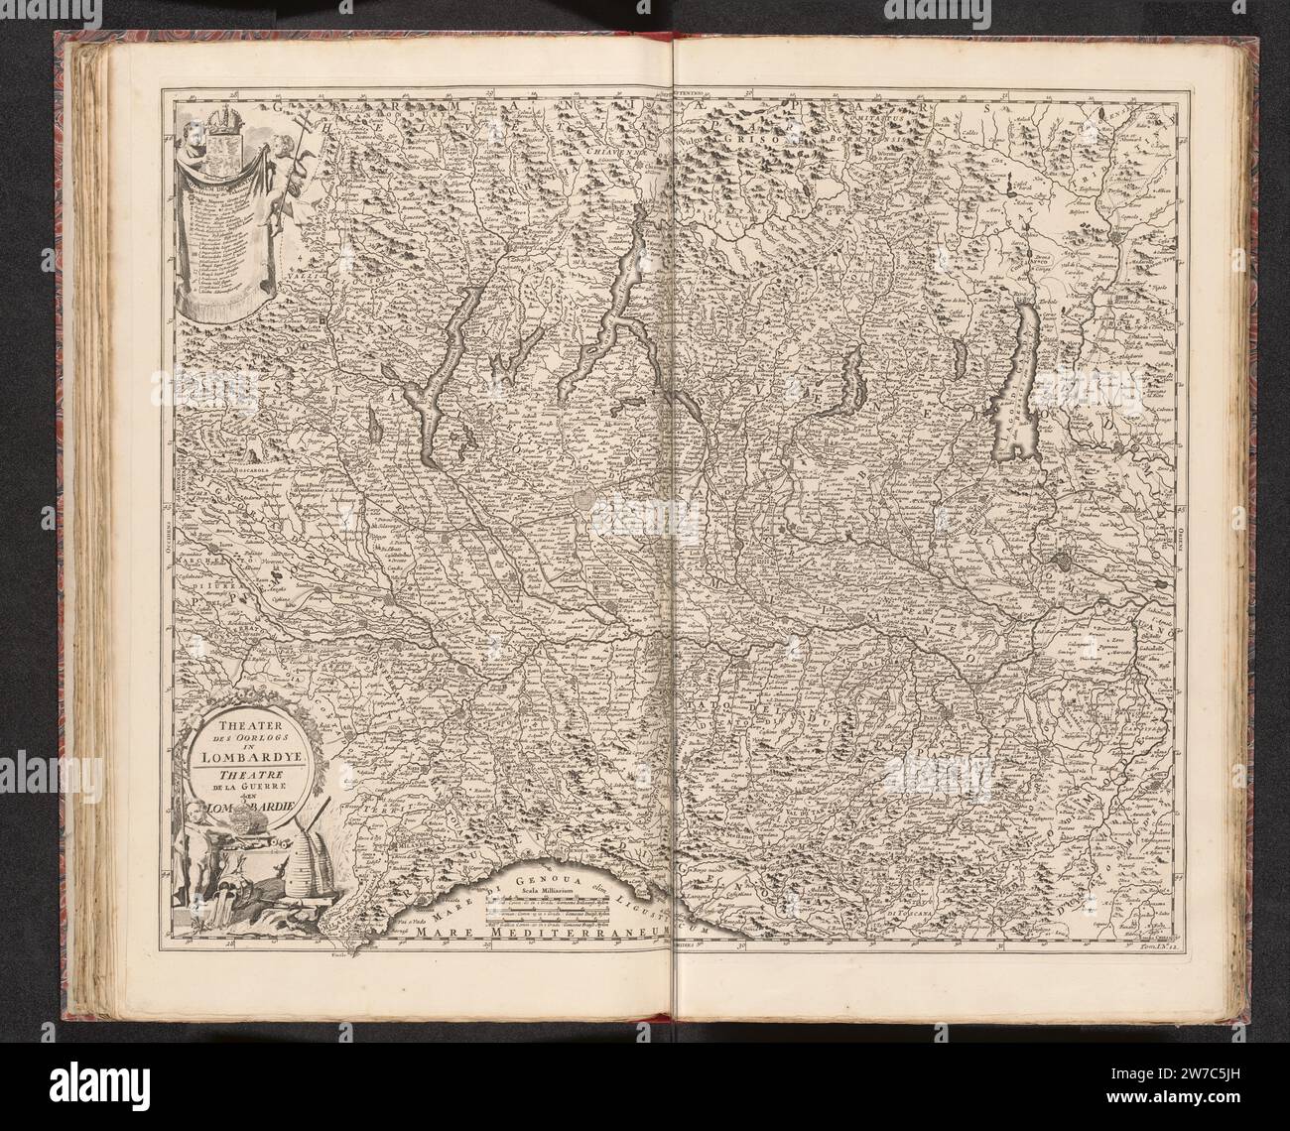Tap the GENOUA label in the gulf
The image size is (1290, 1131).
coord(546,874)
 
